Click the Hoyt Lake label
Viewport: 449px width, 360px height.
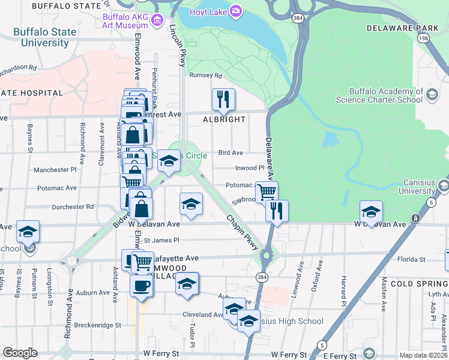pos(206,11)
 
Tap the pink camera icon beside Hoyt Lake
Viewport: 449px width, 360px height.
pos(237,11)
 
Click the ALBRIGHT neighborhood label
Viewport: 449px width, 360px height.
pos(223,119)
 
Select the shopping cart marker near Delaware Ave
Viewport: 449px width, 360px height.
pos(267,192)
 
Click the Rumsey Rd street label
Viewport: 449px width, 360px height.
pos(205,76)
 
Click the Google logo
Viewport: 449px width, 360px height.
pos(20,353)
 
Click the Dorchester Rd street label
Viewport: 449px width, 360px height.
pos(73,206)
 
